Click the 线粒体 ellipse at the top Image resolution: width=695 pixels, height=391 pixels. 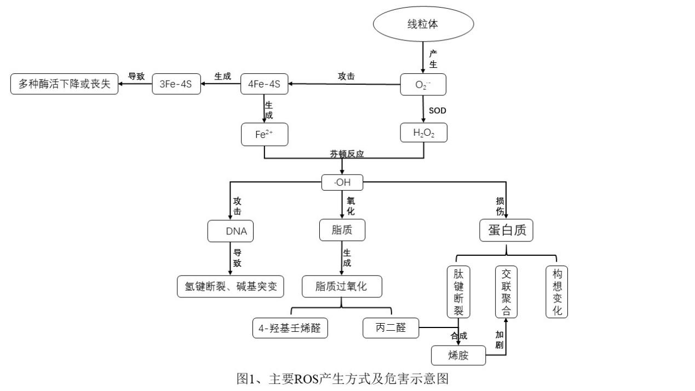click(422, 25)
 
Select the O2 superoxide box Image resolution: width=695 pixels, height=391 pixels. click(423, 84)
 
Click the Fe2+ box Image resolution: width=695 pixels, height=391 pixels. click(264, 134)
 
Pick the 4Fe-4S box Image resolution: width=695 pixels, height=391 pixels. click(264, 84)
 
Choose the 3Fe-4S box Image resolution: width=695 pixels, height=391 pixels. click(176, 84)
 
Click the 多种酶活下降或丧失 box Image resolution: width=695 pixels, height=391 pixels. click(64, 84)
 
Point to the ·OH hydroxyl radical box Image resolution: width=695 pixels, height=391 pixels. click(342, 182)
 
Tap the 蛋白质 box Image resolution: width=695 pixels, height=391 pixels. click(506, 231)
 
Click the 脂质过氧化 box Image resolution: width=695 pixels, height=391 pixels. click(341, 286)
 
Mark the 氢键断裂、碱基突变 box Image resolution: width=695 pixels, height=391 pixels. click(231, 286)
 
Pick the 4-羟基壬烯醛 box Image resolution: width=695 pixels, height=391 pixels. click(290, 328)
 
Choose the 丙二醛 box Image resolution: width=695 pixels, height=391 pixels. click(390, 328)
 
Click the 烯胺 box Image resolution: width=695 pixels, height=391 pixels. click(458, 355)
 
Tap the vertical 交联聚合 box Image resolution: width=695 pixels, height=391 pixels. click(506, 292)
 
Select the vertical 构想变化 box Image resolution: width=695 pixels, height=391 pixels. click(556, 292)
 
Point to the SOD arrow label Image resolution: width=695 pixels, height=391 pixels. click(437, 111)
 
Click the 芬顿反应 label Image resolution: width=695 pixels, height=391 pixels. click(346, 154)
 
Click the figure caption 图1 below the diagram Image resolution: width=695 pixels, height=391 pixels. click(342, 378)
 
